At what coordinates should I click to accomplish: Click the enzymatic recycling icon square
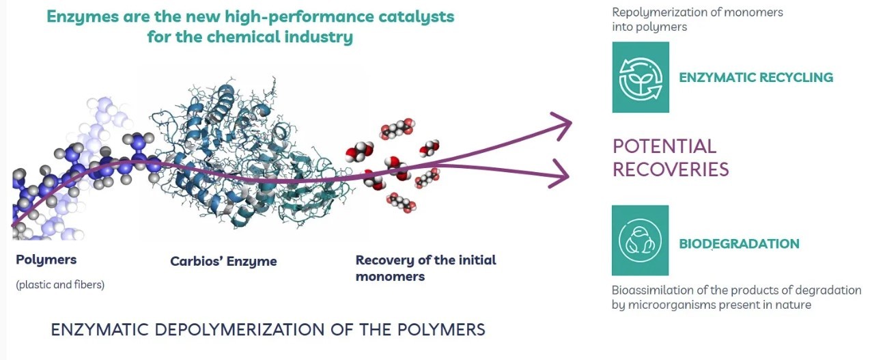[640, 77]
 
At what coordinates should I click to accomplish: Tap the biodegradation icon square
[640, 240]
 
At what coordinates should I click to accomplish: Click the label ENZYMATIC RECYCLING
[756, 77]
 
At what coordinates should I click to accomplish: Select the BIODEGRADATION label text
[739, 244]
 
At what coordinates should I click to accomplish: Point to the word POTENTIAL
[654, 146]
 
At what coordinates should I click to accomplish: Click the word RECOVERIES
[671, 169]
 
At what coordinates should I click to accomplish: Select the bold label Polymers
[46, 260]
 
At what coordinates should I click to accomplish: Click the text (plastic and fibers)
[60, 285]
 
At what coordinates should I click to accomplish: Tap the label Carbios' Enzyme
[223, 262]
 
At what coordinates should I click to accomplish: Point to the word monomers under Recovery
[390, 277]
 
